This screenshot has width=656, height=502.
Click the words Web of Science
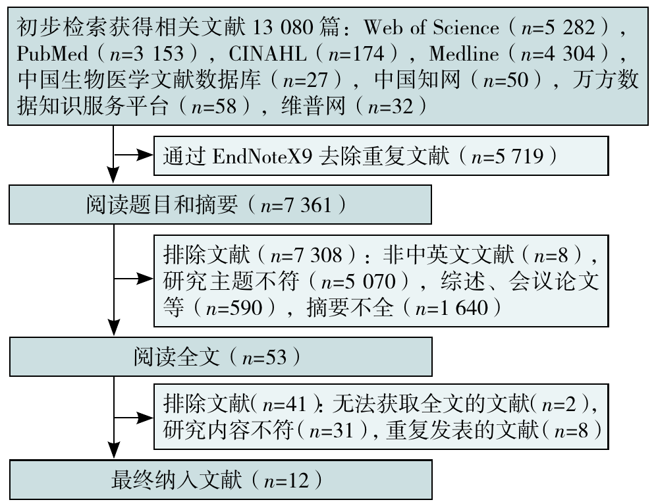click(431, 28)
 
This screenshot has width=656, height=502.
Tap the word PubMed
click(53, 53)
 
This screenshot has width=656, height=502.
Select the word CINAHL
click(267, 53)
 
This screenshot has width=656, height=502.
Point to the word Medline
click(464, 53)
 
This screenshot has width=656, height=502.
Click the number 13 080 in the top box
click(283, 28)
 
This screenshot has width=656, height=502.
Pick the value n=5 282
click(558, 28)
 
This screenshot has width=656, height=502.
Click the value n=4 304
click(558, 53)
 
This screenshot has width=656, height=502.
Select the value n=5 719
click(507, 156)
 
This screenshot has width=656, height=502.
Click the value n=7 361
click(296, 205)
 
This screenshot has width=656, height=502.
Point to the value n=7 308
click(306, 255)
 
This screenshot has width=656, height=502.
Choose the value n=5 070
click(358, 281)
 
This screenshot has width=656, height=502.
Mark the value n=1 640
click(451, 308)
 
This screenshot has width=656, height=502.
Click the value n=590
click(234, 308)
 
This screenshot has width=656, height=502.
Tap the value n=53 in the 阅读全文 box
click(264, 357)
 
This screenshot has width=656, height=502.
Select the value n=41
click(285, 404)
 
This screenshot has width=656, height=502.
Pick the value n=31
click(331, 430)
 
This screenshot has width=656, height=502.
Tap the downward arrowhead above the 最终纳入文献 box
click(113, 450)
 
